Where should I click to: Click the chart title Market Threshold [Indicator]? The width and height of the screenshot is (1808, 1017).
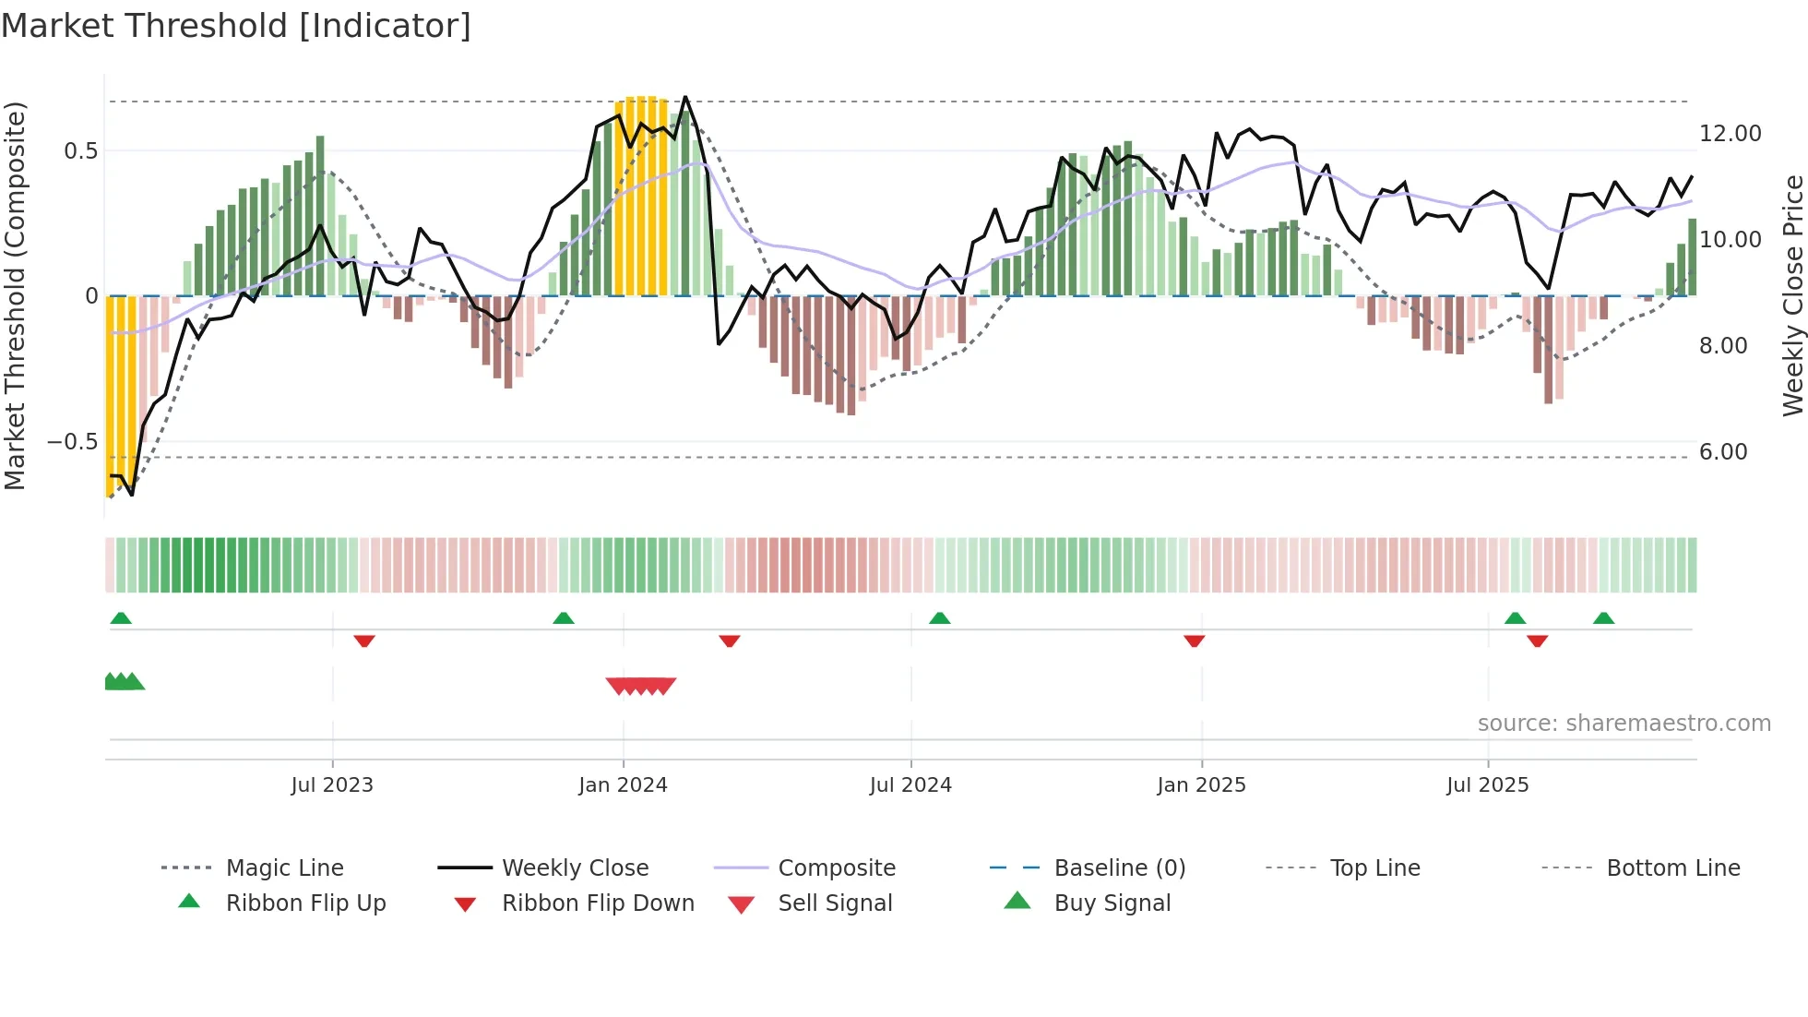pyautogui.click(x=236, y=26)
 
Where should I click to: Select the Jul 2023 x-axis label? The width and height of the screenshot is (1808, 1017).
pyautogui.click(x=332, y=785)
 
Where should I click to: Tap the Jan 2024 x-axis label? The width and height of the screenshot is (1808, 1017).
pyautogui.click(x=623, y=785)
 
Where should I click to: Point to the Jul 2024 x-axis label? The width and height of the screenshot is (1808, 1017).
pyautogui.click(x=910, y=785)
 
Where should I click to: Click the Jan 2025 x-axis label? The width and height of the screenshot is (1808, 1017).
pyautogui.click(x=1201, y=785)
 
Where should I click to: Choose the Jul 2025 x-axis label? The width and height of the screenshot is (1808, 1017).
pyautogui.click(x=1487, y=785)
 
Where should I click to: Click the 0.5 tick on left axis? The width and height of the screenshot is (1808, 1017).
pyautogui.click(x=81, y=150)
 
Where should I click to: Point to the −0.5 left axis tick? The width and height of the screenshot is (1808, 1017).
pyautogui.click(x=73, y=442)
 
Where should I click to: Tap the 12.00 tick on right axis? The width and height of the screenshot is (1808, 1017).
pyautogui.click(x=1730, y=134)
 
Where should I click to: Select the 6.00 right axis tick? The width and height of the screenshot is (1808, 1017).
pyautogui.click(x=1723, y=452)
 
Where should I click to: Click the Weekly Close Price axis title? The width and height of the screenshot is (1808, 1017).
pyautogui.click(x=1792, y=295)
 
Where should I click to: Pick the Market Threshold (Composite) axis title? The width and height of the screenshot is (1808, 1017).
pyautogui.click(x=15, y=295)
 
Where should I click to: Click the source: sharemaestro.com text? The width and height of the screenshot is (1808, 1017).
pyautogui.click(x=1624, y=724)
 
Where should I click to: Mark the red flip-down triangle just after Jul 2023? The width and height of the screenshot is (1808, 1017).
pyautogui.click(x=364, y=640)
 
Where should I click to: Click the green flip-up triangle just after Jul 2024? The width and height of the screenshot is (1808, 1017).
pyautogui.click(x=939, y=618)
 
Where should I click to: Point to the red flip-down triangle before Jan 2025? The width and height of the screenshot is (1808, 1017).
pyautogui.click(x=1194, y=640)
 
